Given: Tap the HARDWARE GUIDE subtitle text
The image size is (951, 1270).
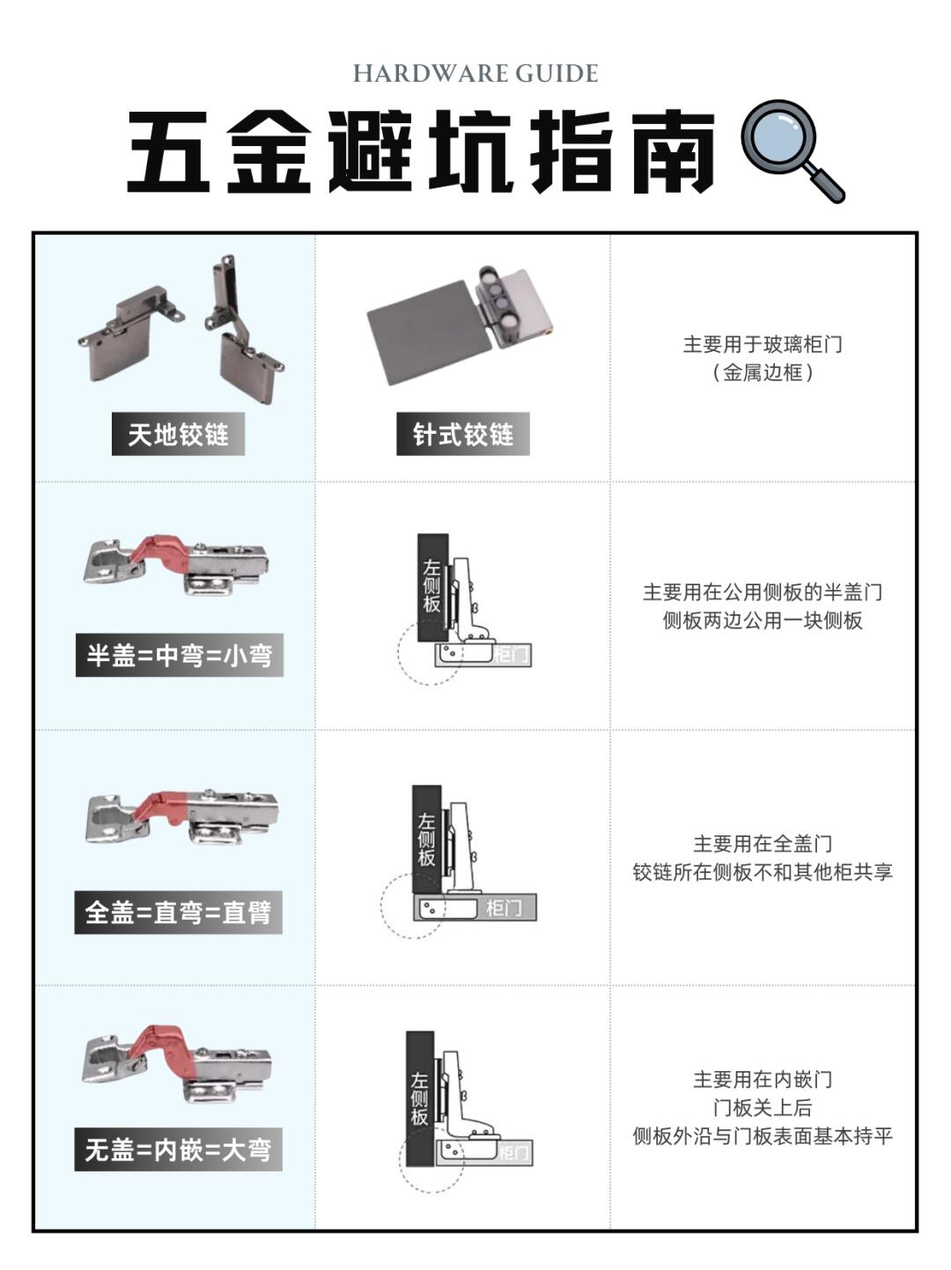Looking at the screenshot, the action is [475, 73].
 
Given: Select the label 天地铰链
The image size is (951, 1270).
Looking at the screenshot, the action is [178, 434].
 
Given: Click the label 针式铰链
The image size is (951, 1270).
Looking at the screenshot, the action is [463, 434].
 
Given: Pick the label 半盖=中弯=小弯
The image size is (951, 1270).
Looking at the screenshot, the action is [180, 655].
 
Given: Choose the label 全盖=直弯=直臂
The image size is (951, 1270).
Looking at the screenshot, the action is [178, 913].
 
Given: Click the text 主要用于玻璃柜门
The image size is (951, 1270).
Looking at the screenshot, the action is [763, 344].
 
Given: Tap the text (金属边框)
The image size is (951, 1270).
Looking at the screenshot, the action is [763, 372].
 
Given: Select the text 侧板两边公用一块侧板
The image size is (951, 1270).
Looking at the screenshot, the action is [763, 620].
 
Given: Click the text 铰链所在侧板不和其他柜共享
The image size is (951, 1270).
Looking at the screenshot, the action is [763, 871].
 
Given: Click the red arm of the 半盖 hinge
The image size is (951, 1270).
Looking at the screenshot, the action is [159, 550].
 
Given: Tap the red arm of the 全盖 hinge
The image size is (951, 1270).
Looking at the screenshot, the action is [162, 805].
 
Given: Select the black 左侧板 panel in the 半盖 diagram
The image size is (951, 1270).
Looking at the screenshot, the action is [433, 587].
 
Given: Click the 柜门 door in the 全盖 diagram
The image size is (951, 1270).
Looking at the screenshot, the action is [475, 907].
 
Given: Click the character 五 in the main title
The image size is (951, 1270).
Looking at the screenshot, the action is [168, 151].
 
